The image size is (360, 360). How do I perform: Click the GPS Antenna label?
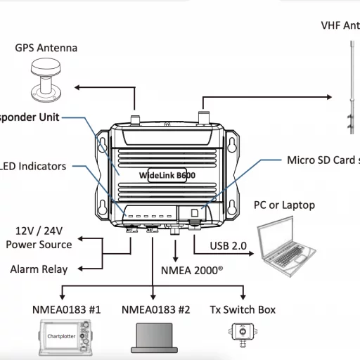[x=46, y=48]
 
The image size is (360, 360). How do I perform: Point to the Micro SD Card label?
[x=322, y=160]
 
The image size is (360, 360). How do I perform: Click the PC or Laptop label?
[x=284, y=205]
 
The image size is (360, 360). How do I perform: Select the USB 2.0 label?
[x=229, y=245]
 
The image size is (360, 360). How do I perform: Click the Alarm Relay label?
[x=39, y=269]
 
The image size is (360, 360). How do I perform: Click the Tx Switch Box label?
[x=243, y=309]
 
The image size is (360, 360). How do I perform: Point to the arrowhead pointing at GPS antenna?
[x=79, y=87]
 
